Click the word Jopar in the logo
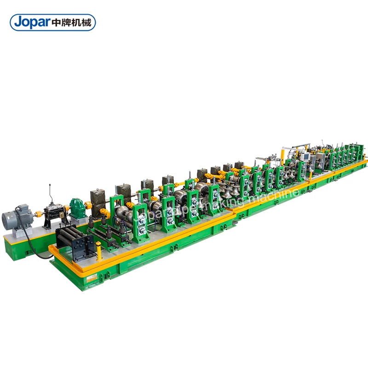(x=31, y=22)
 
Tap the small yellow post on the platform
(x=98, y=251)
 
